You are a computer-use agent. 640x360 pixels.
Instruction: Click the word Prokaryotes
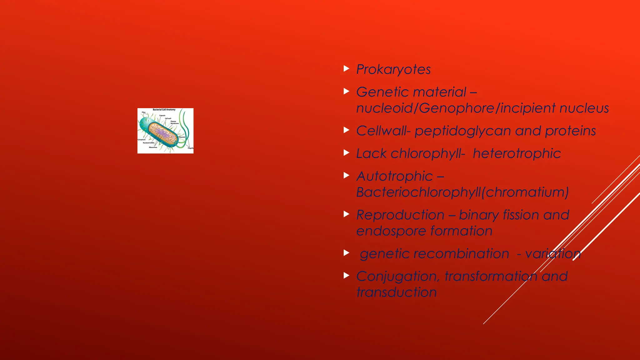click(393, 69)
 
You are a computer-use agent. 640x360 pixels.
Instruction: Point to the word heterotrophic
click(517, 153)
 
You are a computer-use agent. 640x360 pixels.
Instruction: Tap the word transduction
click(396, 292)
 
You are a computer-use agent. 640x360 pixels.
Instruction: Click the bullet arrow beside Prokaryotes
click(346, 68)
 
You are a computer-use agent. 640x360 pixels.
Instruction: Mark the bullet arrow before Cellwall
click(346, 130)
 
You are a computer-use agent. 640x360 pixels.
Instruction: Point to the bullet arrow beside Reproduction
click(346, 214)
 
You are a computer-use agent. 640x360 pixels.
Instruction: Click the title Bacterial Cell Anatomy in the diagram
click(164, 110)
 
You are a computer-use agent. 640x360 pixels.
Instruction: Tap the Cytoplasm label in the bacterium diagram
click(142, 140)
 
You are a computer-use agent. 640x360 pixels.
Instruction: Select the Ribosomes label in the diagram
click(153, 147)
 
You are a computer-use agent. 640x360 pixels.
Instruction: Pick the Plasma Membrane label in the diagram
click(174, 122)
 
